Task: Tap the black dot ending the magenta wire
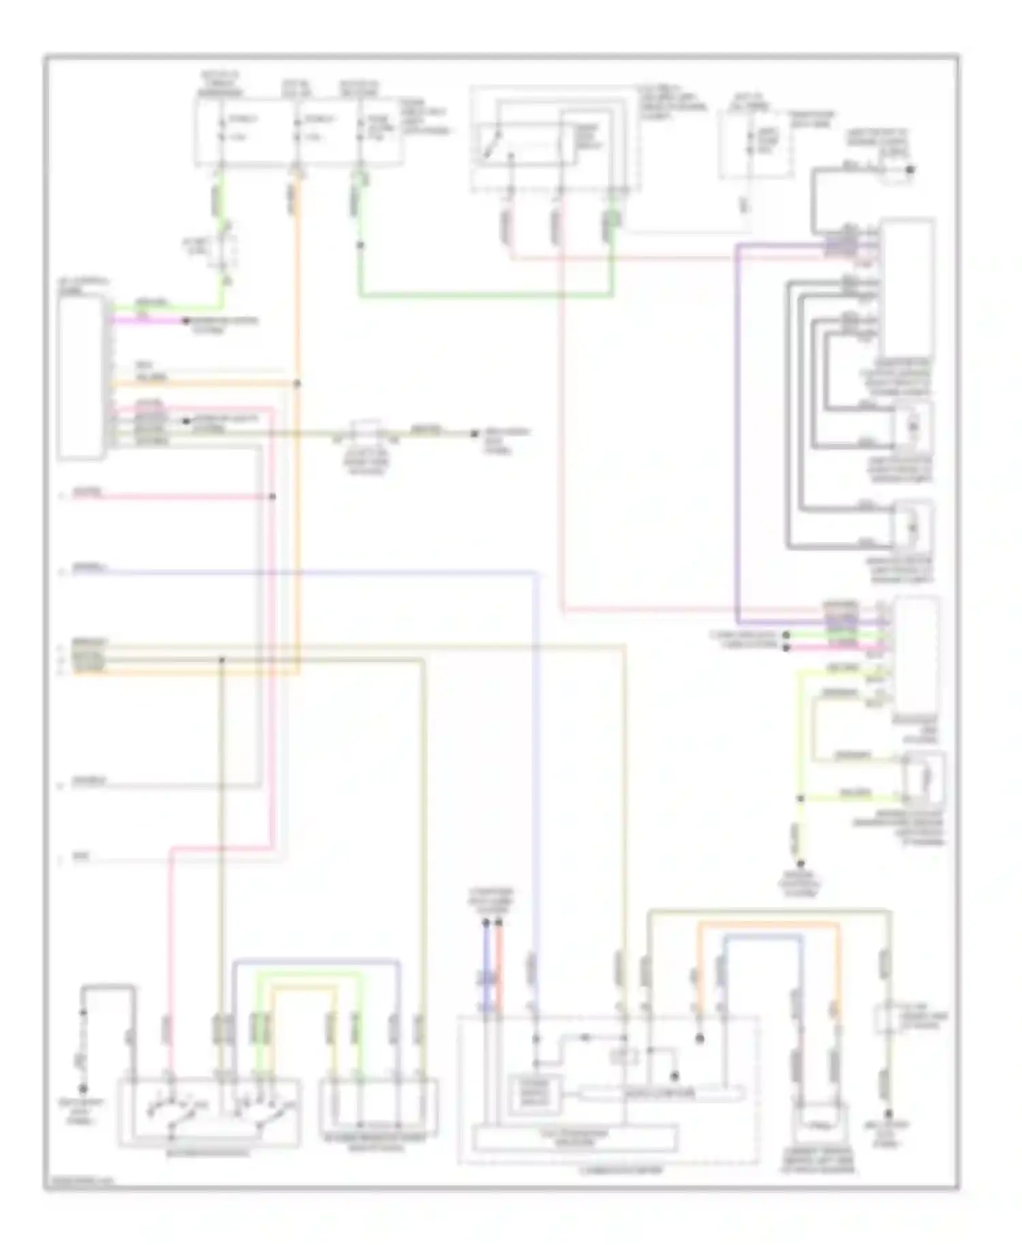tap(185, 320)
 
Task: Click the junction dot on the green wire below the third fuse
tap(360, 245)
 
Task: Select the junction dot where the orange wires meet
tap(297, 383)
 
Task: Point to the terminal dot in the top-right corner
tap(910, 170)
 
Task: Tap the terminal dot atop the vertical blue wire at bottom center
tap(486, 923)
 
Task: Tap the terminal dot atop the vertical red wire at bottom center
tap(499, 923)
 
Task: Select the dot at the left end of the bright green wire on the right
tap(786, 634)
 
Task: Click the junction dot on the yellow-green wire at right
tap(801, 798)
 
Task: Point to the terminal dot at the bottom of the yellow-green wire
tap(801, 863)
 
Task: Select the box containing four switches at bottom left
tap(210, 1111)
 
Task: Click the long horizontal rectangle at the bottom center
tap(576, 1138)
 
